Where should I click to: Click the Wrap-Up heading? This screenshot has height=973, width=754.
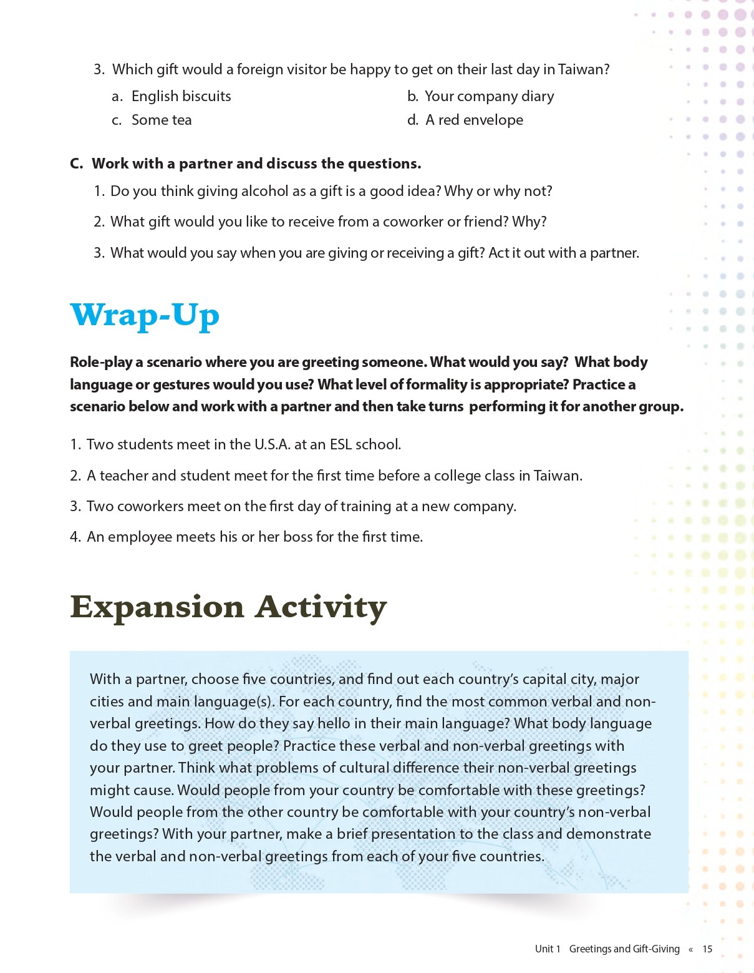click(145, 315)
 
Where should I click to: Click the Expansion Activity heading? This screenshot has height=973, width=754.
click(228, 607)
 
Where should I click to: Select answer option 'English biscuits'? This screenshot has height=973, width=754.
click(181, 96)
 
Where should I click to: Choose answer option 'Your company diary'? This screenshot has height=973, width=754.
click(489, 96)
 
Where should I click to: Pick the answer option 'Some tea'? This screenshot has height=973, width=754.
click(162, 120)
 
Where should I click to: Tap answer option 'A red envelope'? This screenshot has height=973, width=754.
click(474, 120)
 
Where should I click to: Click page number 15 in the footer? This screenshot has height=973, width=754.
click(707, 949)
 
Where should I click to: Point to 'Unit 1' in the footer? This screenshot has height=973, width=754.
click(548, 949)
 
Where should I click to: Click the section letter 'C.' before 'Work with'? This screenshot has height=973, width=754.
click(77, 164)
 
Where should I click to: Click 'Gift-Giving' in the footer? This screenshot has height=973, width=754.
click(656, 949)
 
